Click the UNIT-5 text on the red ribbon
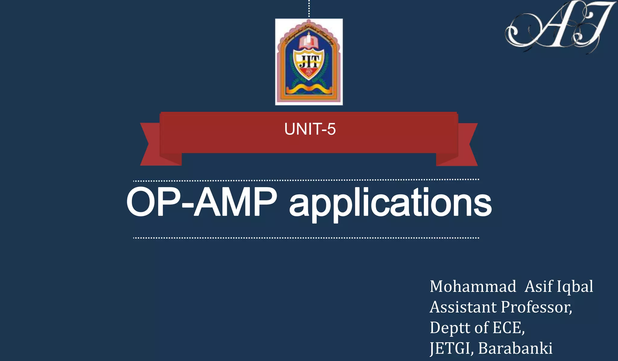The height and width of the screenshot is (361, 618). click(x=310, y=129)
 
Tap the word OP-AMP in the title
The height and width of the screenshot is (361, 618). click(x=202, y=202)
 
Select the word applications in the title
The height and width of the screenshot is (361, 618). click(x=390, y=203)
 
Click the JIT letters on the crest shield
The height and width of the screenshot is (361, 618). click(x=308, y=62)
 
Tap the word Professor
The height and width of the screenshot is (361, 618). click(x=536, y=307)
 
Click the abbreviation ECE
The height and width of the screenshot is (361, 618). click(x=508, y=328)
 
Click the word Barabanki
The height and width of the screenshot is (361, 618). click(x=515, y=348)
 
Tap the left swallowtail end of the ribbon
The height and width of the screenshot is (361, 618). click(x=151, y=145)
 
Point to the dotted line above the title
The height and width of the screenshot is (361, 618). click(x=306, y=180)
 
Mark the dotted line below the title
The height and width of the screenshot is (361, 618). click(x=306, y=238)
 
